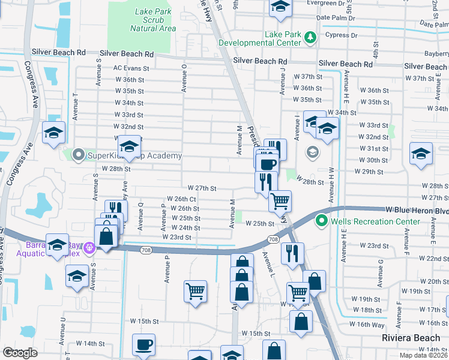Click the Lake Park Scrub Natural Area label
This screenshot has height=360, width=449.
152,20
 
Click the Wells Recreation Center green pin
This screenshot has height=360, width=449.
321,221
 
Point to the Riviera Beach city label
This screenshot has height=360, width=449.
411,338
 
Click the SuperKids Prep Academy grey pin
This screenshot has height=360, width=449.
78,156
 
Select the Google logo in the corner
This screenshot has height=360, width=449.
20,353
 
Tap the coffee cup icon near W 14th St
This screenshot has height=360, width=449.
143,344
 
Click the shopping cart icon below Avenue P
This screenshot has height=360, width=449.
196,292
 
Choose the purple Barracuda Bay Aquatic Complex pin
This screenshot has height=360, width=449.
89,247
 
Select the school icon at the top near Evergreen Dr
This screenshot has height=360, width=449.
280,7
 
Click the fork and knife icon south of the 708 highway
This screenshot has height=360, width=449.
292,253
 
